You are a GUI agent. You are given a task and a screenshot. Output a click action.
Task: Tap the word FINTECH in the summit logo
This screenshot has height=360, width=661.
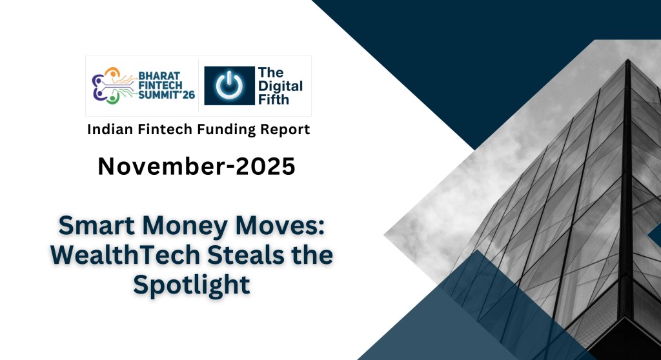[156, 85]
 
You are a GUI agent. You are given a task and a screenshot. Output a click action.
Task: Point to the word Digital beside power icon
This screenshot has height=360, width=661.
[280, 86]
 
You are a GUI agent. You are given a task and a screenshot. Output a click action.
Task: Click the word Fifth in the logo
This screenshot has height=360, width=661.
[273, 99]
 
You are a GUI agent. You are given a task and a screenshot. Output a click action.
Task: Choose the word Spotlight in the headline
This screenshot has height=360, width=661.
[192, 285]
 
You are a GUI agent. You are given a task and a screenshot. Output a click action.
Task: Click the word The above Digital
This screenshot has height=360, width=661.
[270, 72]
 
